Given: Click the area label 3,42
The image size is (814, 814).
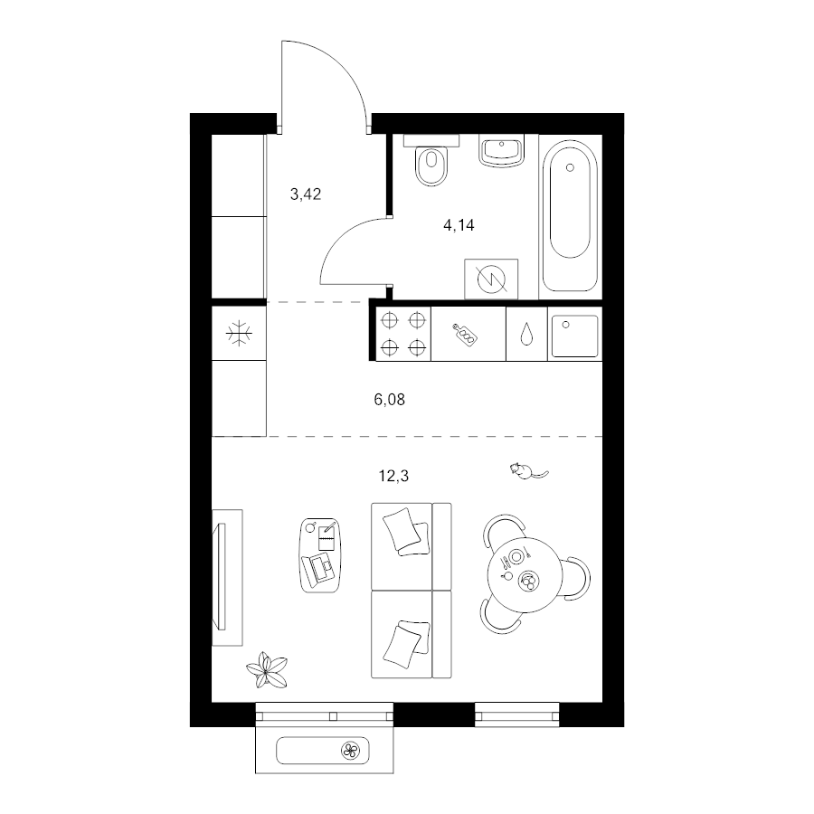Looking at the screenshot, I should (x=306, y=193).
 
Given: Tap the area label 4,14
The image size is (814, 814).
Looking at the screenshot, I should (x=459, y=226).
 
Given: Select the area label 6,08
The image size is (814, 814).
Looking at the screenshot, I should (x=389, y=398).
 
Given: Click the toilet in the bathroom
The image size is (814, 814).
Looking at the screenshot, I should (x=433, y=165).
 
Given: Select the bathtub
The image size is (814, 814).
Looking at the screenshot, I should (x=570, y=215).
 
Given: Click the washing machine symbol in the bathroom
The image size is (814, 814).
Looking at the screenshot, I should (x=491, y=278).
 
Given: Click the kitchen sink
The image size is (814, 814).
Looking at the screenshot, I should (x=573, y=334).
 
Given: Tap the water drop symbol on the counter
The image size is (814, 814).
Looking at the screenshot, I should (x=525, y=334).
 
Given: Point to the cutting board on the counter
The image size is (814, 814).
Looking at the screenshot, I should (x=466, y=334).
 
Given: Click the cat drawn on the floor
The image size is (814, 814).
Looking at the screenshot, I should (x=525, y=470).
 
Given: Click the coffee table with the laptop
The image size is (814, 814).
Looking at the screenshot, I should (x=318, y=554).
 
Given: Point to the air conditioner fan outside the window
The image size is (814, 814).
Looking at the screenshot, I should (x=350, y=749).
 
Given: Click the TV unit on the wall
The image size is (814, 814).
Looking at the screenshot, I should (x=226, y=577).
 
